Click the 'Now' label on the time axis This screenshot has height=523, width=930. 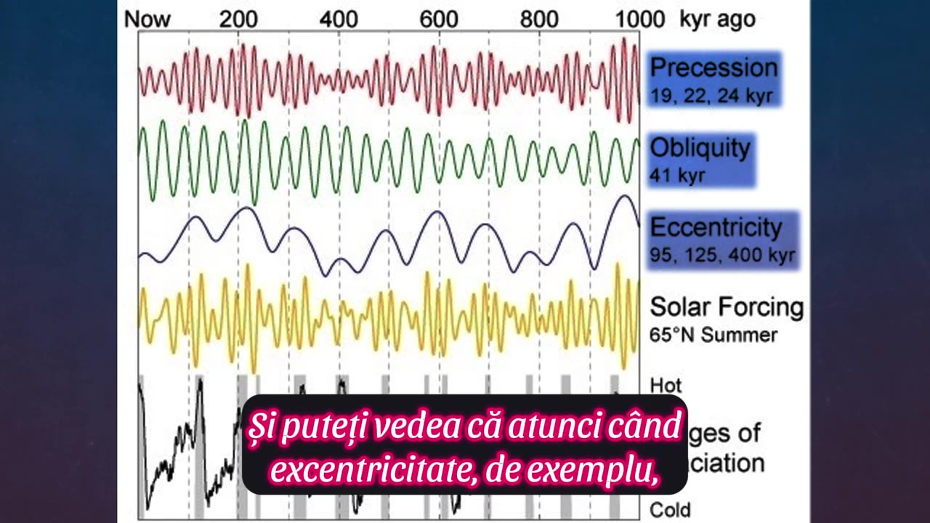[x=147, y=19]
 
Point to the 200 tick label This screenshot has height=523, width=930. [x=238, y=19]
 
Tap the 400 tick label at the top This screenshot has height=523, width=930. [x=339, y=19]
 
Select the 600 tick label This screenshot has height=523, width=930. [x=439, y=19]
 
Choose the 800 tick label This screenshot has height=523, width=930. [x=539, y=19]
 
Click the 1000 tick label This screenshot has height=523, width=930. [x=640, y=19]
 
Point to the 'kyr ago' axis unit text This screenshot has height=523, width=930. [x=717, y=19]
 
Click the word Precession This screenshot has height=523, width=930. [x=713, y=68]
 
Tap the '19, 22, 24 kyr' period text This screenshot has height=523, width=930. [x=711, y=95]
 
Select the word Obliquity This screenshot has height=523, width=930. [x=700, y=147]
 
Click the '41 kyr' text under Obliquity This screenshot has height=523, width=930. [x=677, y=175]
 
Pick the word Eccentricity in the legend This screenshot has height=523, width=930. [x=716, y=227]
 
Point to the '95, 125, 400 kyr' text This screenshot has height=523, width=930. [x=722, y=256]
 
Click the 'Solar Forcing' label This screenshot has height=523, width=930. [x=727, y=307]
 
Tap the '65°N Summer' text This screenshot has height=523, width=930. [x=713, y=335]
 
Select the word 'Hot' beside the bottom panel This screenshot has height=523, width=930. [x=666, y=385]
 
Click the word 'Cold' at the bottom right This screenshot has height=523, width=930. [x=670, y=510]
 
